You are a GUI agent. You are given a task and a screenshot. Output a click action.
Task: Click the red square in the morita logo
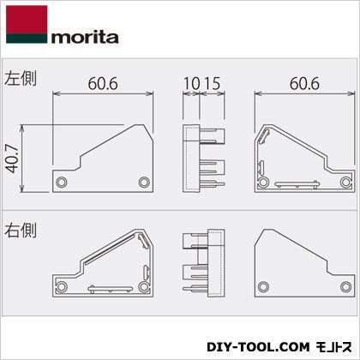point(27,20)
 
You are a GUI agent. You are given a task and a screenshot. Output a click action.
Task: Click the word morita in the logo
point(85,38)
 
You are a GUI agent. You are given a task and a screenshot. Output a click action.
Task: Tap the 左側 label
point(21,78)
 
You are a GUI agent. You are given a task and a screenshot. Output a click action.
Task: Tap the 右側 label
point(21,231)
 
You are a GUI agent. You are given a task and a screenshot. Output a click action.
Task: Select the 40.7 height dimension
point(13,158)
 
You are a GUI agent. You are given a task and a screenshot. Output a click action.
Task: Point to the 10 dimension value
point(191,83)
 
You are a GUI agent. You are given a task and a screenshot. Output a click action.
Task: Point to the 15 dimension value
point(212,83)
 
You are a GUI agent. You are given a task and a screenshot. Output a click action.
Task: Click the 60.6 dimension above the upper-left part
point(103,83)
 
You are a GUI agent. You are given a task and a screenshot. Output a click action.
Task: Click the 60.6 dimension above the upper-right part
point(304,83)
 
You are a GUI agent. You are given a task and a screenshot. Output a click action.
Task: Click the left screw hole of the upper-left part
point(62,182)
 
